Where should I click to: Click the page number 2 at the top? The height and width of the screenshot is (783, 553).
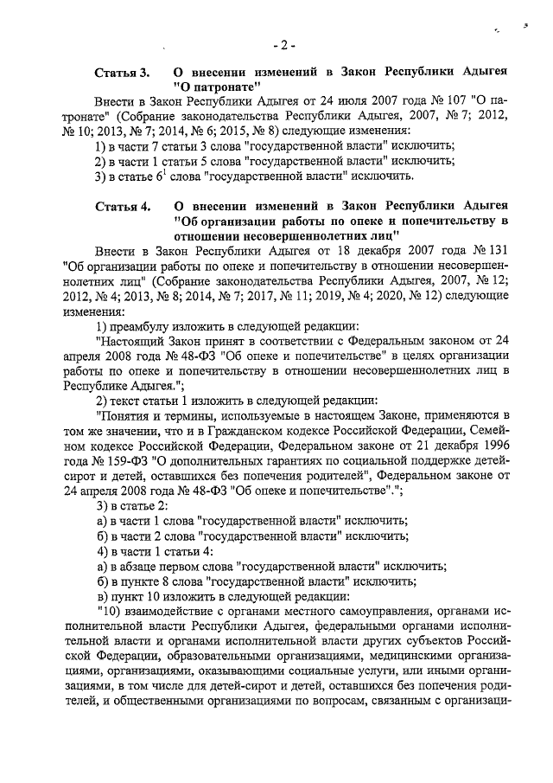(x=283, y=45)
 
